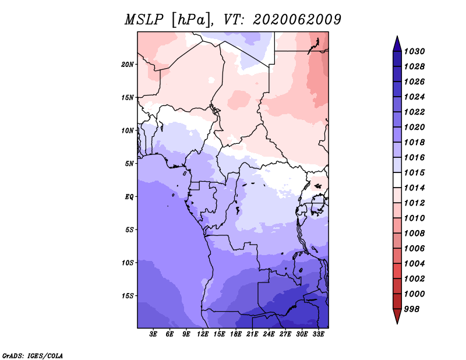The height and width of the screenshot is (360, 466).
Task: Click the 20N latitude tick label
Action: click(x=128, y=65)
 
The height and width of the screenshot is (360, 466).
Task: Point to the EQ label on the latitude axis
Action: click(x=129, y=197)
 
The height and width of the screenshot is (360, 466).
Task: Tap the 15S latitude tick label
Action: click(x=128, y=296)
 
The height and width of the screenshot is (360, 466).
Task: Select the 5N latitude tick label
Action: click(x=129, y=164)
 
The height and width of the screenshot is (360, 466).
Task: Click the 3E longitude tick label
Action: click(x=153, y=334)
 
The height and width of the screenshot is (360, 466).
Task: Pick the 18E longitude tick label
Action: click(x=236, y=334)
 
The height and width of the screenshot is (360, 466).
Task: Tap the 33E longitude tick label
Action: click(x=318, y=334)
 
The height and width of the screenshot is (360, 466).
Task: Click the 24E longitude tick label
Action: click(x=269, y=334)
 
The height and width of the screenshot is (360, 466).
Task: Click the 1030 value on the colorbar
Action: click(x=414, y=51)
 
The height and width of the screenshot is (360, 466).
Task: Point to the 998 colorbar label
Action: click(x=412, y=309)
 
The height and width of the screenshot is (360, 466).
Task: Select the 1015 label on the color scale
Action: click(x=414, y=172)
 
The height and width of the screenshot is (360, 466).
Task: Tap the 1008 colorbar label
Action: click(x=414, y=234)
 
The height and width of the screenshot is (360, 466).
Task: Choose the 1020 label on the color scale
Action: click(x=414, y=127)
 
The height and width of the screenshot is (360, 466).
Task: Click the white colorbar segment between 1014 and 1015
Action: click(x=397, y=180)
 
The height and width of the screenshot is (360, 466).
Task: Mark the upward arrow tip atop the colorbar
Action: click(x=397, y=36)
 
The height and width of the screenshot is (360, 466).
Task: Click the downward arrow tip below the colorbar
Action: click(x=397, y=324)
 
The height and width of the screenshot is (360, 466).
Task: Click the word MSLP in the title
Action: click(x=144, y=20)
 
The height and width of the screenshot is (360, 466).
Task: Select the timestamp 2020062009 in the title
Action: click(x=297, y=20)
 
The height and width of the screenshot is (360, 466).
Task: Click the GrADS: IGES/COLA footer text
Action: click(x=33, y=356)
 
